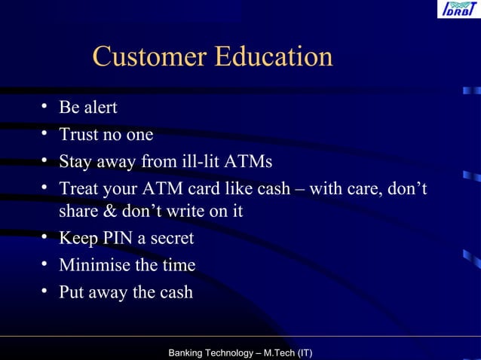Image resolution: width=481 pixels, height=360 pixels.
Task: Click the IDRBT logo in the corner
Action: pyautogui.click(x=458, y=9)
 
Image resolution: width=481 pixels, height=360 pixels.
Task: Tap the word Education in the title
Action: pyautogui.click(x=274, y=56)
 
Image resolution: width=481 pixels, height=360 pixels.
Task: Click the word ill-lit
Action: pyautogui.click(x=199, y=162)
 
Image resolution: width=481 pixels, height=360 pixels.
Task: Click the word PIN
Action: pyautogui.click(x=115, y=239)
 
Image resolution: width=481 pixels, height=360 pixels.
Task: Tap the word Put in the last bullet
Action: pyautogui.click(x=72, y=292)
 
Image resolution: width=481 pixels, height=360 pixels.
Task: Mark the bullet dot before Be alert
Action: pyautogui.click(x=47, y=108)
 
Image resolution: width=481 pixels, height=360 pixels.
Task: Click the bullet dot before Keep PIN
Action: pyautogui.click(x=47, y=238)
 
